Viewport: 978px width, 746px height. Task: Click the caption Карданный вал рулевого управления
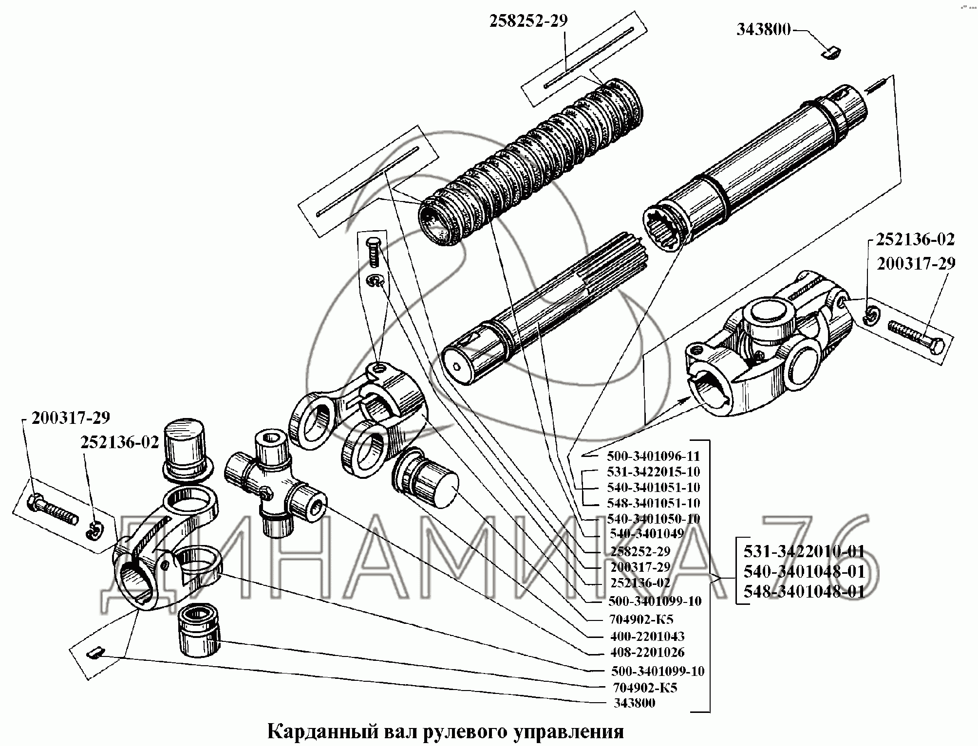[x=445, y=731]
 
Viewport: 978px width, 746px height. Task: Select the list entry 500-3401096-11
[x=653, y=456]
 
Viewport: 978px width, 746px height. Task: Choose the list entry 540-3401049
[x=646, y=533]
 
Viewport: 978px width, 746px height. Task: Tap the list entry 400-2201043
[x=647, y=636]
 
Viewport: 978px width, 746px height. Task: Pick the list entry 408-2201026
[x=647, y=652]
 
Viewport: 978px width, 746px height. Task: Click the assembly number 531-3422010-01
[x=804, y=551]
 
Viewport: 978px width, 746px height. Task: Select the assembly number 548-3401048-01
[x=804, y=591]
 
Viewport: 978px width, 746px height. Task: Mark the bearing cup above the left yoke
[x=187, y=451]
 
